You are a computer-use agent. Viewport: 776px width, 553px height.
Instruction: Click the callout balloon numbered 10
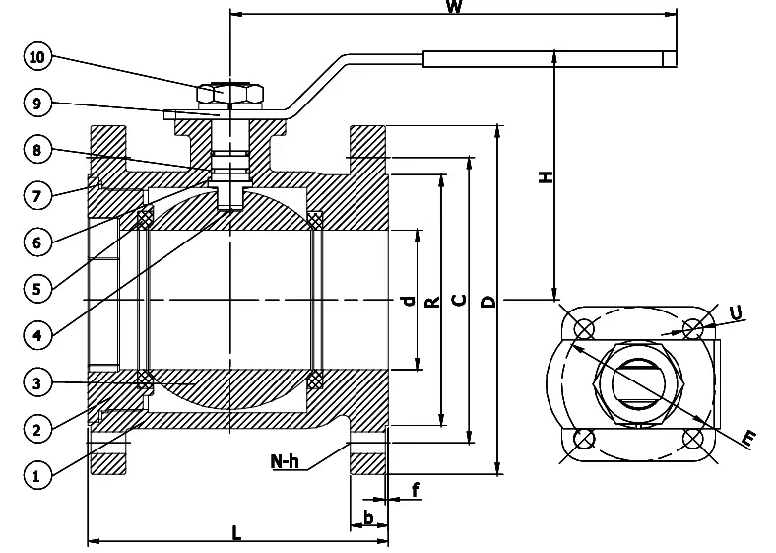point(37,58)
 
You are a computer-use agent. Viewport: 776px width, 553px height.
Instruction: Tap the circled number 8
point(37,151)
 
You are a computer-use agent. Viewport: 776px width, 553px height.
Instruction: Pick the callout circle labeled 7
point(37,195)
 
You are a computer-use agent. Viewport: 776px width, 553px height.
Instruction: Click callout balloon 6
point(37,242)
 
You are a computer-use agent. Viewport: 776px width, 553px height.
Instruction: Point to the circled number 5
point(37,289)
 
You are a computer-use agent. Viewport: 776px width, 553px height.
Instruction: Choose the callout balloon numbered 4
point(37,335)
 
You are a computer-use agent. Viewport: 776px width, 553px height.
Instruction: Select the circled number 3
point(37,382)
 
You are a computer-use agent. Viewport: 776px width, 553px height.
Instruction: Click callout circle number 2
point(37,430)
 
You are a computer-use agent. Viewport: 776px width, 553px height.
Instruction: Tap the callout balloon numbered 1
point(37,476)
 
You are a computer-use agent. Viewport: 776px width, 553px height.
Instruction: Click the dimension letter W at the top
point(454,8)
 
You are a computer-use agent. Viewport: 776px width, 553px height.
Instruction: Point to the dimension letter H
point(546,176)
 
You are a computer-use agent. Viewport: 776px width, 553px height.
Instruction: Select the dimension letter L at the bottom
point(236,533)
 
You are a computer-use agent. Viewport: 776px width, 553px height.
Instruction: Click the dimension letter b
point(368,517)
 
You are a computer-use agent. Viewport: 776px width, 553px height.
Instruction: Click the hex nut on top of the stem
point(229,94)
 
